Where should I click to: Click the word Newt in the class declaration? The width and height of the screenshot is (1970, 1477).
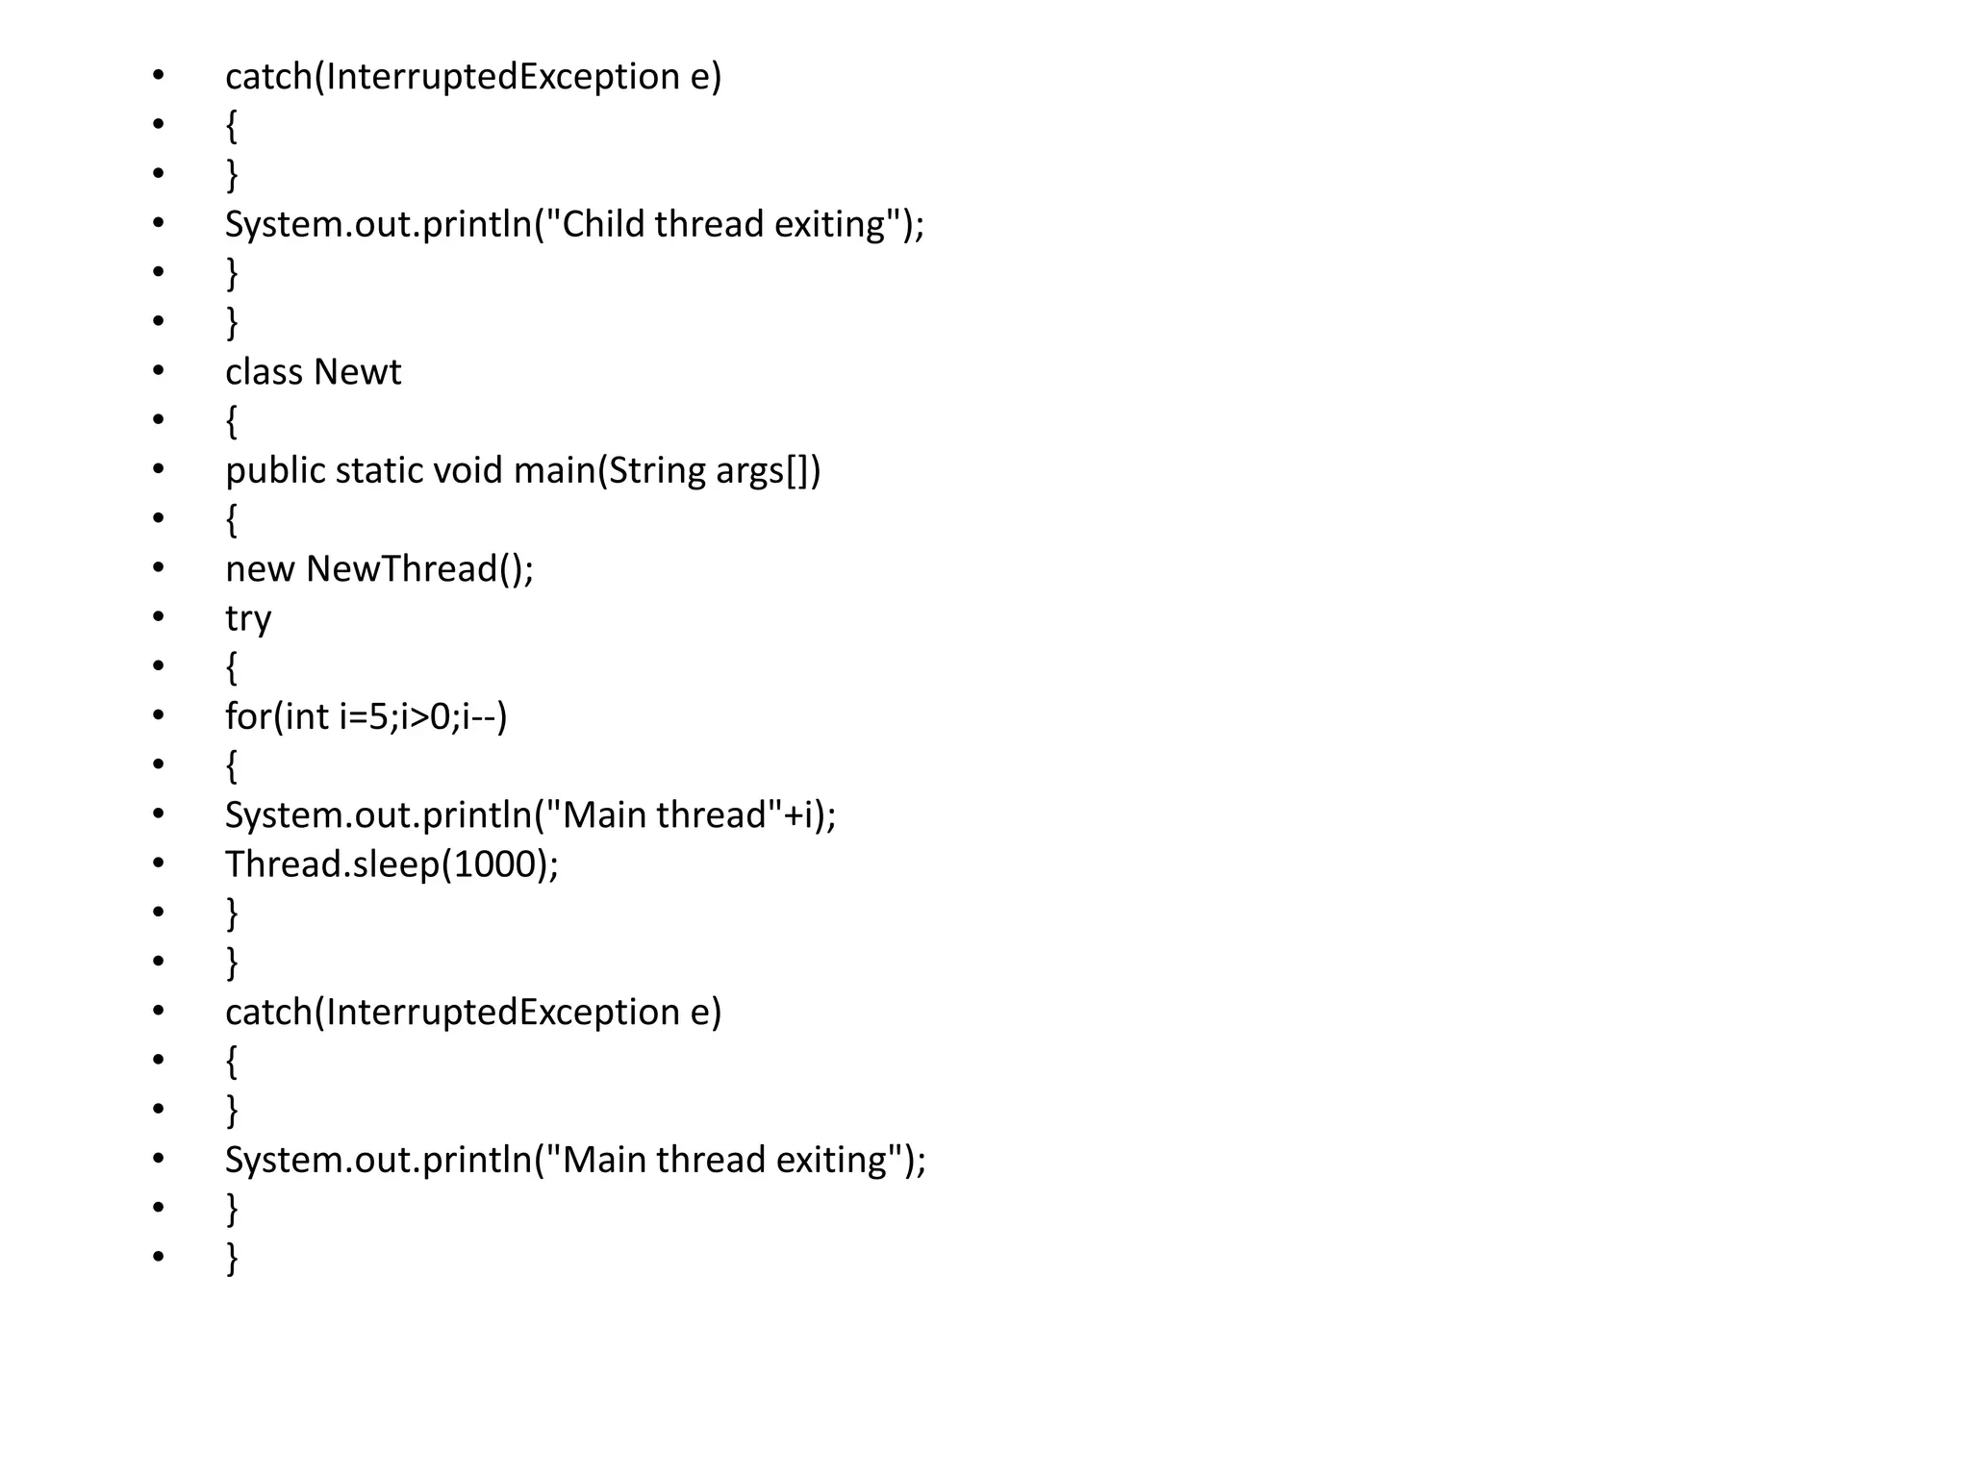pos(357,372)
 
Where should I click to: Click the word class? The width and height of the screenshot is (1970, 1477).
pos(264,372)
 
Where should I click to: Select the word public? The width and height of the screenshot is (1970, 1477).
pos(275,470)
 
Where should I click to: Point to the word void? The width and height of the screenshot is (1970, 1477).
pos(467,470)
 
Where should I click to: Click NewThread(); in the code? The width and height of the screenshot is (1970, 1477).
pos(419,569)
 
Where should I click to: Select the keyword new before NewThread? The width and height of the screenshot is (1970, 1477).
pos(260,569)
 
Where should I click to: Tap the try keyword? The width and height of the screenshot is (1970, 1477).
pos(248,618)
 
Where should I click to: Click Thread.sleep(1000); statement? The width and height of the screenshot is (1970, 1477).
pos(391,864)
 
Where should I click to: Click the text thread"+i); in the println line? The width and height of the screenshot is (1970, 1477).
pos(746,815)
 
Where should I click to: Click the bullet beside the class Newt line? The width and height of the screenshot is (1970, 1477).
pos(159,370)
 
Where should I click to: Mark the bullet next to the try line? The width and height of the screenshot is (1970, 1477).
pos(159,616)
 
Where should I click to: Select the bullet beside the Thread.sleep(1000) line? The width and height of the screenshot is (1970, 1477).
pos(159,863)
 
